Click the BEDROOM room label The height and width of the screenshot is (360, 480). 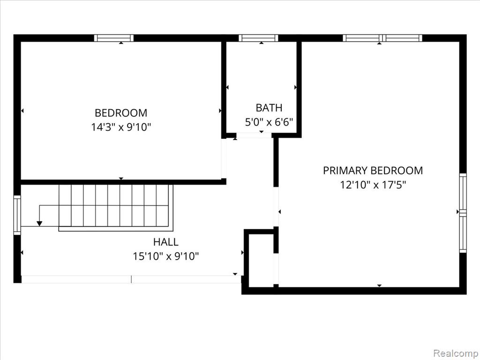pyautogui.click(x=121, y=113)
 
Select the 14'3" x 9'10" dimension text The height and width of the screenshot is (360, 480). pyautogui.click(x=121, y=127)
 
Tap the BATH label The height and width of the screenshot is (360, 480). pyautogui.click(x=269, y=108)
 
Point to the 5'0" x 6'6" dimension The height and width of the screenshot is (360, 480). pyautogui.click(x=269, y=122)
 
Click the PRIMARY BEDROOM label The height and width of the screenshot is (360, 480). pyautogui.click(x=373, y=171)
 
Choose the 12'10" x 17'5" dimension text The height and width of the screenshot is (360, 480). pyautogui.click(x=373, y=185)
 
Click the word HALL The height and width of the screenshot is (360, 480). pyautogui.click(x=165, y=242)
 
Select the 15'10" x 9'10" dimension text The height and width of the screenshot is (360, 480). pyautogui.click(x=165, y=256)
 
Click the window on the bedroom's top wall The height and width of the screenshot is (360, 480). pyautogui.click(x=113, y=38)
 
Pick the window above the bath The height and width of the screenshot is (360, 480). pyautogui.click(x=258, y=38)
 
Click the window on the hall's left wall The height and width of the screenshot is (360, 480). pyautogui.click(x=17, y=215)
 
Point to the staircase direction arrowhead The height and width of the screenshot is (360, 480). pyautogui.click(x=39, y=224)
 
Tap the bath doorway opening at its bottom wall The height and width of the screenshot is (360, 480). pyautogui.click(x=254, y=135)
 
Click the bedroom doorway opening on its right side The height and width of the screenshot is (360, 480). pyautogui.click(x=224, y=158)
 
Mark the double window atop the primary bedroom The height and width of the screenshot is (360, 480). pyautogui.click(x=382, y=38)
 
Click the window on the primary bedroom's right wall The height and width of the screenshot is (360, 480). pyautogui.click(x=463, y=213)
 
